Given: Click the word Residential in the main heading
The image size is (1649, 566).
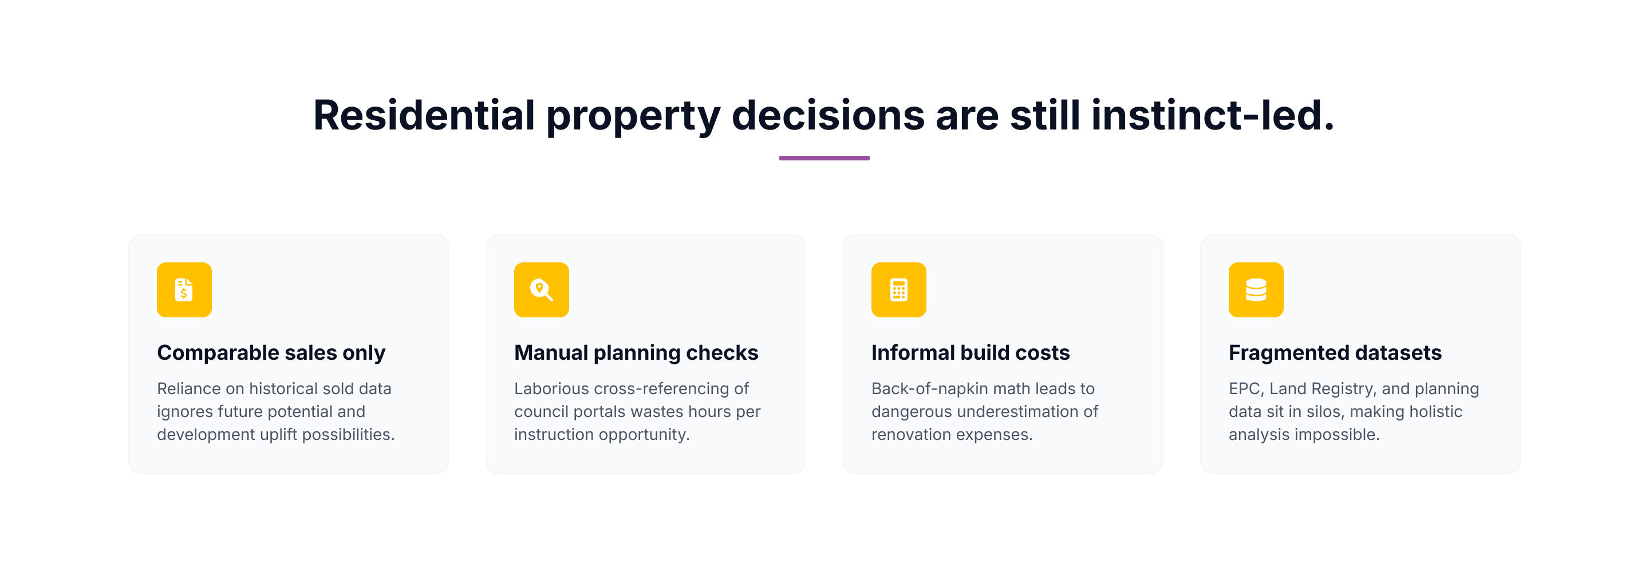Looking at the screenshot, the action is (x=424, y=115).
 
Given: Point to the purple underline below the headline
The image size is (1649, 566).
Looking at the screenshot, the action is (x=824, y=158).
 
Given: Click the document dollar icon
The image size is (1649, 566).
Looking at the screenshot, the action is (x=184, y=289).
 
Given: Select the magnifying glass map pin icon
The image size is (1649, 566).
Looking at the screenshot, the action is (x=541, y=289).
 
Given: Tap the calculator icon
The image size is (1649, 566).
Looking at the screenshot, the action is (x=898, y=289).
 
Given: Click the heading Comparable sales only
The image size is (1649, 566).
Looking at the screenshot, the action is (x=271, y=353).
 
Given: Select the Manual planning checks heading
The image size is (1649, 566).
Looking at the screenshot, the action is (x=636, y=353).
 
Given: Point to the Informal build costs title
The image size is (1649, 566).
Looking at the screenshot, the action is (x=970, y=353).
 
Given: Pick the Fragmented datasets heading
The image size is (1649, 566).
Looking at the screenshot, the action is (x=1335, y=353).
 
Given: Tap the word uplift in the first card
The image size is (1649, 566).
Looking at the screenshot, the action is (x=278, y=435).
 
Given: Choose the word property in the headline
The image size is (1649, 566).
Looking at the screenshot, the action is (x=633, y=116).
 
